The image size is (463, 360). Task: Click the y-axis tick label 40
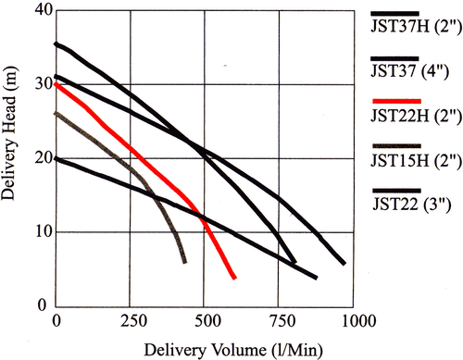point(40,10)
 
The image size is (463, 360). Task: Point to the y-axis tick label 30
point(40,84)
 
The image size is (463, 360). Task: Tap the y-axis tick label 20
point(40,158)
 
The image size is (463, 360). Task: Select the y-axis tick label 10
point(40,231)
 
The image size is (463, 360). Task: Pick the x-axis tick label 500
point(206,320)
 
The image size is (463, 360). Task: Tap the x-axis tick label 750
point(281,320)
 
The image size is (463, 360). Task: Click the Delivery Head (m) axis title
point(12,157)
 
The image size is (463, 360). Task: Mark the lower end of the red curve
point(234,276)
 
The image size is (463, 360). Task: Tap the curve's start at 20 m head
point(57,158)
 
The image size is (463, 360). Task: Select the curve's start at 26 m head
point(57,114)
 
